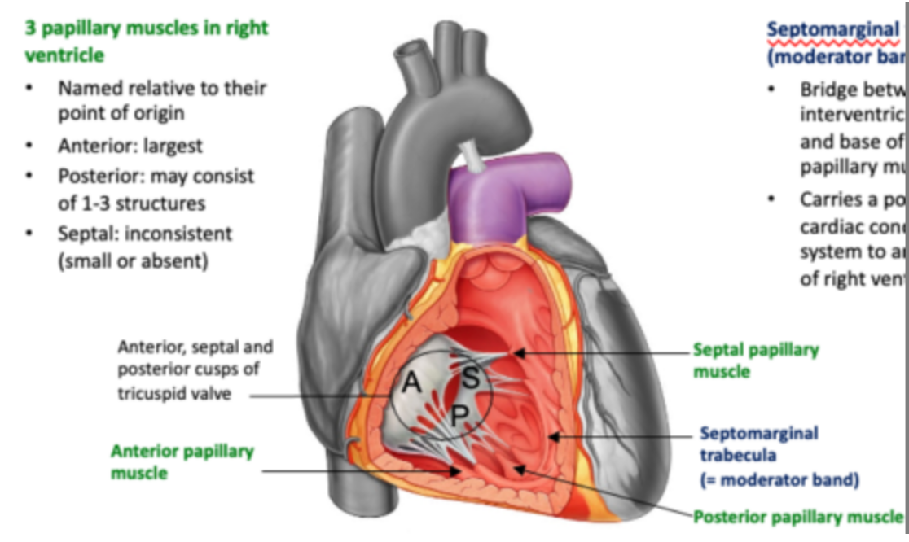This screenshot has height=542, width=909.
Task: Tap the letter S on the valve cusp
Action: (470, 376)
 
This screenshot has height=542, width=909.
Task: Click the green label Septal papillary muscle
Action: (755, 360)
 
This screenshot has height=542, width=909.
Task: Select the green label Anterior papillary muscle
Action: (182, 461)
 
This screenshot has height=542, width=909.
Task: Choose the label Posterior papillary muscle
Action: (797, 516)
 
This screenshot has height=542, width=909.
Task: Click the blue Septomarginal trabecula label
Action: (758, 444)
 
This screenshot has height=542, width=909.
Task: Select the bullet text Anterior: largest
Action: (130, 146)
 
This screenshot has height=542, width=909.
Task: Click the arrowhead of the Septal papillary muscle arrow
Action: (516, 353)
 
